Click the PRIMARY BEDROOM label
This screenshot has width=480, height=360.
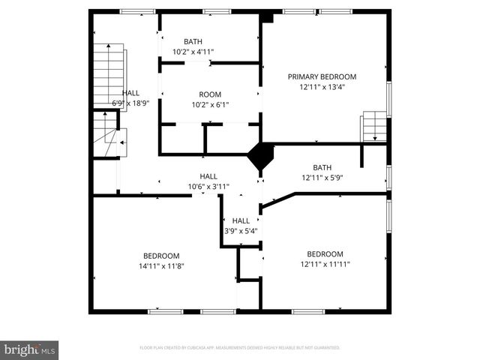(x=322, y=76)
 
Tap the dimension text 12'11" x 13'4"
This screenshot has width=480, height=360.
(x=322, y=86)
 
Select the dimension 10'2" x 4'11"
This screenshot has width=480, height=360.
(x=193, y=52)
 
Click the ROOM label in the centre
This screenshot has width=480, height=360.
(x=209, y=94)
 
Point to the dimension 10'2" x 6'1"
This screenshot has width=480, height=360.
(x=209, y=104)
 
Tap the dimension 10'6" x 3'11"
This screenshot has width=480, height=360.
(x=208, y=186)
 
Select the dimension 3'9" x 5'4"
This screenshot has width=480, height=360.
(x=240, y=230)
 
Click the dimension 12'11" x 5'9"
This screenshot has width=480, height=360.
(x=322, y=178)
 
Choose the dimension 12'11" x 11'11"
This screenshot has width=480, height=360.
(x=325, y=264)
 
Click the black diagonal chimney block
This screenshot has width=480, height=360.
(x=261, y=155)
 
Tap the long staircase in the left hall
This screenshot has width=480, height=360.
(x=108, y=76)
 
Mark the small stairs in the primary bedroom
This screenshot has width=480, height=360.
(x=373, y=127)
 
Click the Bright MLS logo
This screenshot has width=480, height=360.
(x=30, y=349)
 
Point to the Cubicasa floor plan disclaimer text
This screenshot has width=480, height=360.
(x=240, y=348)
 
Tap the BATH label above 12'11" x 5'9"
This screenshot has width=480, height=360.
(x=322, y=167)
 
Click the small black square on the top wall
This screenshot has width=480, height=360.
(x=267, y=16)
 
